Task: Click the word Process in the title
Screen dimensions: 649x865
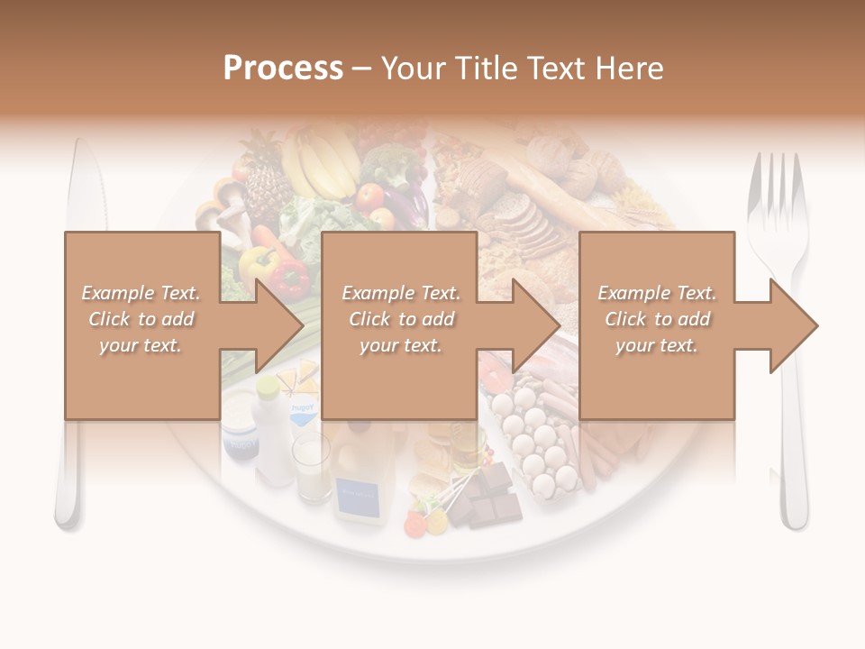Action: pos(283,69)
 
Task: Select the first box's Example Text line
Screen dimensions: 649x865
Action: pos(141,293)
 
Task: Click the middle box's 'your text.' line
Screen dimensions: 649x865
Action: pos(401,345)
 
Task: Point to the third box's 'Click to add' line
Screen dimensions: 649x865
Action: pos(657,319)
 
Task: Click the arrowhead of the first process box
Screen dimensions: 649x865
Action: pos(278,325)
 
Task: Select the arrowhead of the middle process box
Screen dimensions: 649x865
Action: pos(536,325)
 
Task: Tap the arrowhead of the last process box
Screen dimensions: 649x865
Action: pos(794,325)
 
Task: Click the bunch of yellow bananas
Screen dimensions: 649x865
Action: pos(321,162)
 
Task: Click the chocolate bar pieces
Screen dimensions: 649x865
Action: pos(491,495)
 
